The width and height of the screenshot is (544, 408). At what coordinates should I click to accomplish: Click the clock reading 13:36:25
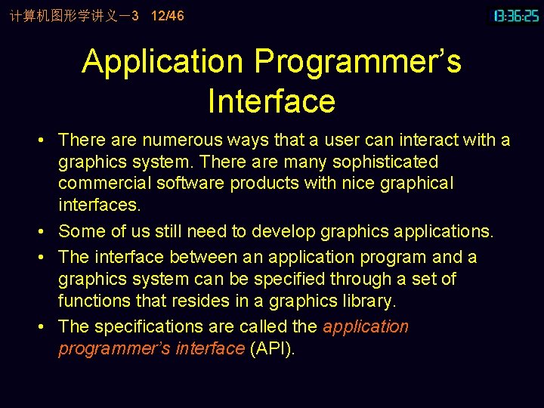pos(517,16)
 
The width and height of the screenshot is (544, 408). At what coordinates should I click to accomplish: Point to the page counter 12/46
pos(167,16)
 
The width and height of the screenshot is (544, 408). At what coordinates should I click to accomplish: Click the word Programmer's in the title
pos(357,62)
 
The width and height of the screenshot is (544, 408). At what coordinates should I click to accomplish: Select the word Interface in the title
pos(271,101)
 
